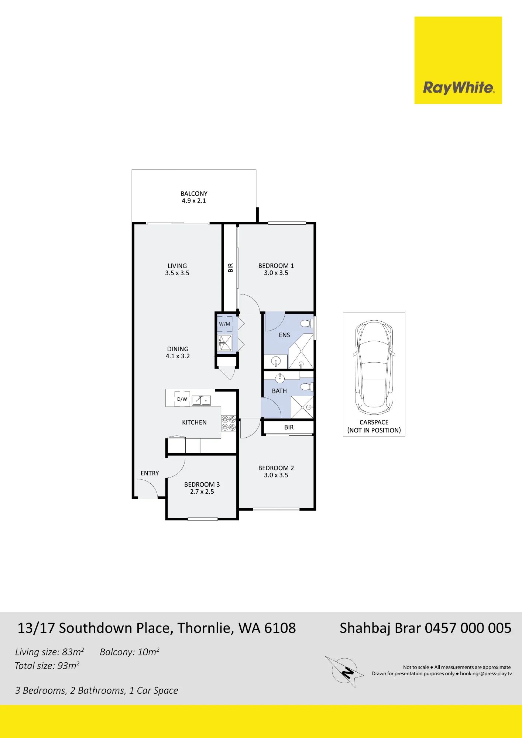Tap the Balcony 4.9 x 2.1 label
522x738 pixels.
194,197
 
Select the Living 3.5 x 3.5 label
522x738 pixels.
177,269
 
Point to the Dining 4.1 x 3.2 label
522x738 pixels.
178,352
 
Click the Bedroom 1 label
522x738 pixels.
276,269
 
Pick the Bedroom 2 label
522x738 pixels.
276,472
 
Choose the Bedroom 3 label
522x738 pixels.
202,488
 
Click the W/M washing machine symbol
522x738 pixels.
224,324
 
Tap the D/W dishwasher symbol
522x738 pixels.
182,399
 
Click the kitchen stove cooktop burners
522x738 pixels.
229,423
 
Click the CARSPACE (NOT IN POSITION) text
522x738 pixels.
374,426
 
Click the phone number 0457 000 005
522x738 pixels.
468,628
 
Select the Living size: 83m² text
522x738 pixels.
49,652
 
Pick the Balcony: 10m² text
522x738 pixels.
130,652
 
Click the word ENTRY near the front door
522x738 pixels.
150,473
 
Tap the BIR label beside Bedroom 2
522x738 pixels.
289,427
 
